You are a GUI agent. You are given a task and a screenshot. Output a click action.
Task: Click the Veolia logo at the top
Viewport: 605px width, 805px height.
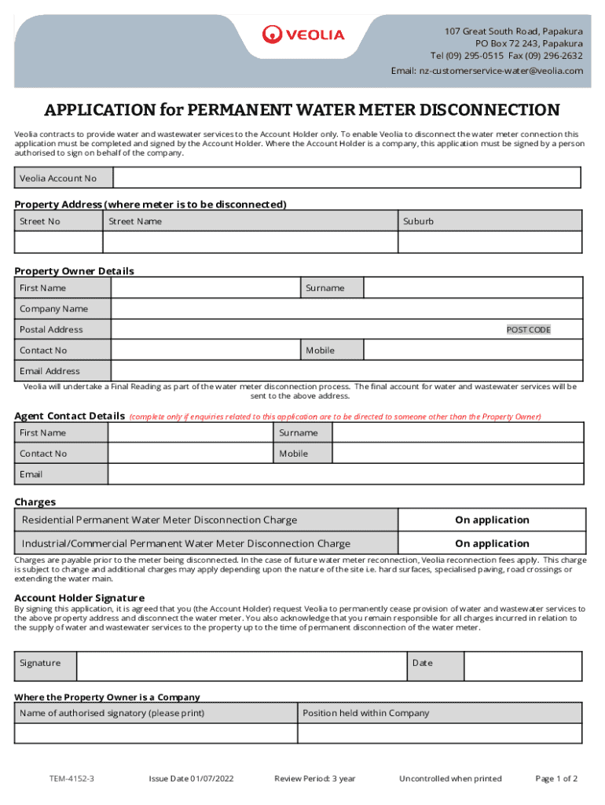302,35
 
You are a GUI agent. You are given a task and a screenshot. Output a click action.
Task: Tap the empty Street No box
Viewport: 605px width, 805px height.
59,242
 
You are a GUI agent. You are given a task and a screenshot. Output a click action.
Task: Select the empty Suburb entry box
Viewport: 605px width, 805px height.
490,242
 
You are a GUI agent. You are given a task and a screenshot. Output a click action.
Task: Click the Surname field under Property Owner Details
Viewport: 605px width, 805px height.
473,288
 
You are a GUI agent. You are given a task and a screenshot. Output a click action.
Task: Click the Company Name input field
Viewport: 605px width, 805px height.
346,309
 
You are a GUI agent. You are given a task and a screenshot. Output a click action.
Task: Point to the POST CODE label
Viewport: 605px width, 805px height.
528,330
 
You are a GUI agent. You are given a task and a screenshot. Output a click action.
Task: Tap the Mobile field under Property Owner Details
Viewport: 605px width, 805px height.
473,351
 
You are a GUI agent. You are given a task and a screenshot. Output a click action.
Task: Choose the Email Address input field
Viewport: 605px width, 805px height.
346,371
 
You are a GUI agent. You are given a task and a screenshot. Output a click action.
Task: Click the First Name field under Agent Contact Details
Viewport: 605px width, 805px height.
190,433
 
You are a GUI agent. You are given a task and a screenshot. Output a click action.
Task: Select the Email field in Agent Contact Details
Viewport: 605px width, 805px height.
346,474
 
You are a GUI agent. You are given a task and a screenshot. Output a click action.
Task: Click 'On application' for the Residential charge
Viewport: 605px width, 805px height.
492,520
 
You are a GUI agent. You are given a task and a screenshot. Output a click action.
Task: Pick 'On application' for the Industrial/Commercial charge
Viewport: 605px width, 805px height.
492,544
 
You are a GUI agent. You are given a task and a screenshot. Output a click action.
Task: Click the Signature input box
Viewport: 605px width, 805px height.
240,666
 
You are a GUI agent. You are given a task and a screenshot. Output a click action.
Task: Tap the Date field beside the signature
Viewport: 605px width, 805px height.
522,666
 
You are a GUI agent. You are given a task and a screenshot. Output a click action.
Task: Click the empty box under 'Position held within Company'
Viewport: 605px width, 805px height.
439,733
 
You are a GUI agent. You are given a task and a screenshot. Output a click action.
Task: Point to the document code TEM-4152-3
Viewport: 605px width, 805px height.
68,779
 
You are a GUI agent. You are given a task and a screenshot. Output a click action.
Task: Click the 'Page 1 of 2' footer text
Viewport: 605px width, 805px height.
556,779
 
